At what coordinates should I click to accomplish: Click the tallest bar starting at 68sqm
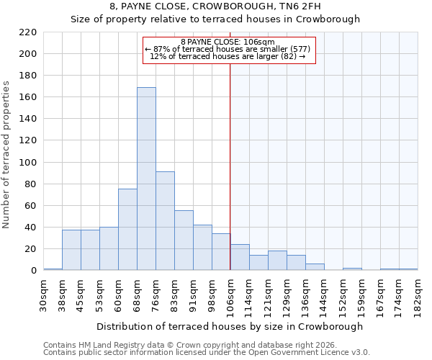click(146, 179)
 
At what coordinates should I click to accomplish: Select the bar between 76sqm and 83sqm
click(165, 221)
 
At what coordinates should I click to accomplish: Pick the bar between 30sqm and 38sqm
click(53, 269)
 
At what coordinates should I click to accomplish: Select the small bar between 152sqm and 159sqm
click(352, 269)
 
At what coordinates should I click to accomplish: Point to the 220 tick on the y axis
click(28, 32)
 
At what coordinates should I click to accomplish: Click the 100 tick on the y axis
click(28, 163)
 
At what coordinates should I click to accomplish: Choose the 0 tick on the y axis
click(33, 271)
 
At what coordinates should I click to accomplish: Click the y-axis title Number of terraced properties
click(7, 155)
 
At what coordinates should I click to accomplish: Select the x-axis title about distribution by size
click(230, 326)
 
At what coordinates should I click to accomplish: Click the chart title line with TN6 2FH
click(215, 6)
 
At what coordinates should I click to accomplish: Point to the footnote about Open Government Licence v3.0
click(207, 353)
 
